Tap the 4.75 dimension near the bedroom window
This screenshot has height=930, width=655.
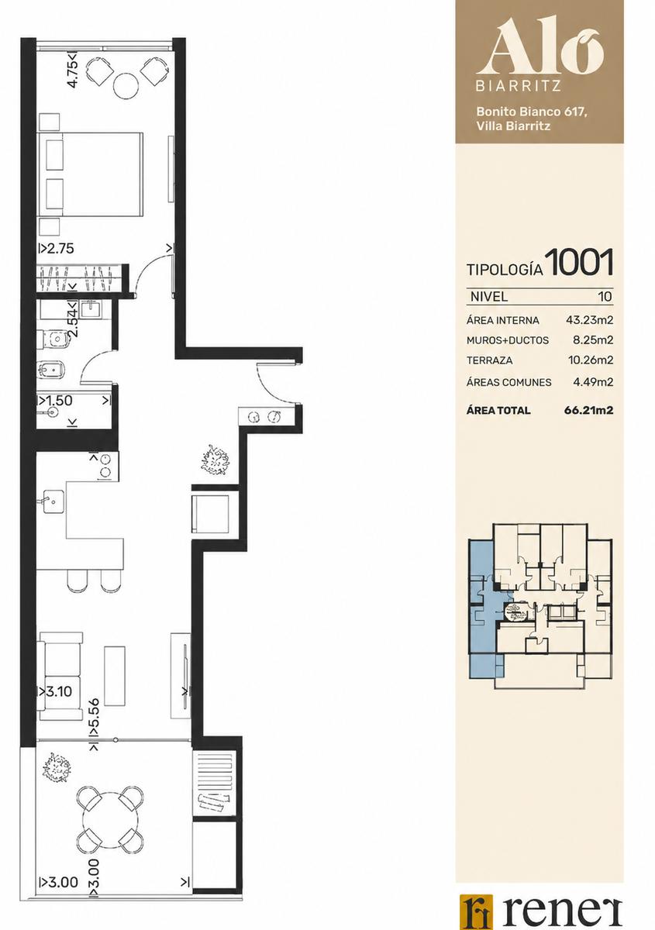(73, 71)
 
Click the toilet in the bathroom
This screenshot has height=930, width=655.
(53, 339)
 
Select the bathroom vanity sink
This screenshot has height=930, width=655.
(91, 309)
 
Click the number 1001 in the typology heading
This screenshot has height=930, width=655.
(581, 263)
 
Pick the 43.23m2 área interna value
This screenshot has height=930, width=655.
(589, 320)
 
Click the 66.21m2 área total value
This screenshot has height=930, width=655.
(588, 410)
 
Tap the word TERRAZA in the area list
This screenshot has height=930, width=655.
(489, 360)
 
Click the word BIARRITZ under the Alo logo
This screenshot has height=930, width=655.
(518, 86)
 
